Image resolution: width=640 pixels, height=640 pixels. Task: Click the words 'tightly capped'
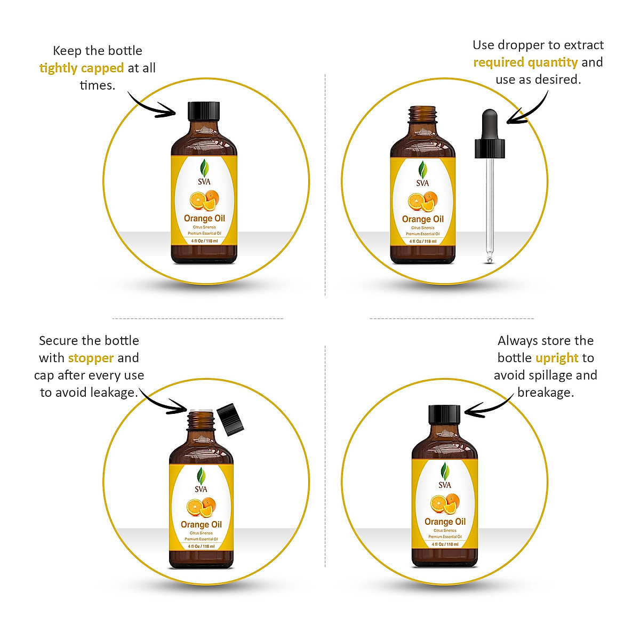pos(82,68)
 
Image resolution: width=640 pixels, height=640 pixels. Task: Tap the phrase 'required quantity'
pos(525,62)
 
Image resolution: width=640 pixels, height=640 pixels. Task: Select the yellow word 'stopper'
pos(91,358)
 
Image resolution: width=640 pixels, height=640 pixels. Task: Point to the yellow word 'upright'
pos(557,358)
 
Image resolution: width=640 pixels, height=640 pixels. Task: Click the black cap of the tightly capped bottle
pos(204,110)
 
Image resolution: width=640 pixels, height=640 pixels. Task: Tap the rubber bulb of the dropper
pos(490,123)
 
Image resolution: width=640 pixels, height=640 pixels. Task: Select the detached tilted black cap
pos(231,420)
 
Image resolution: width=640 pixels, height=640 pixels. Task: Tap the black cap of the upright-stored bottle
pos(444,414)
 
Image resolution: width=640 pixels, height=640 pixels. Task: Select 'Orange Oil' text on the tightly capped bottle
pos(204,218)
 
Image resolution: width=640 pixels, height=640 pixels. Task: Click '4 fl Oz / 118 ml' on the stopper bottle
pos(201,546)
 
